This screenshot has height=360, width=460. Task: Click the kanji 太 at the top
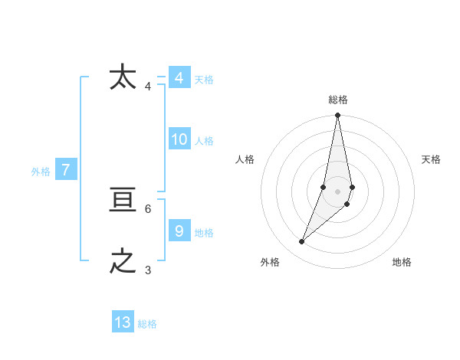pos(123,77)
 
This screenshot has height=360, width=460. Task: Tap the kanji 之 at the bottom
pos(123,261)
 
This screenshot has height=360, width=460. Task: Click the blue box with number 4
pos(179,78)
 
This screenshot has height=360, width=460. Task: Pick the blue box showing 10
pos(179,139)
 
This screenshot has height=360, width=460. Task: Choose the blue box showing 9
pos(179,231)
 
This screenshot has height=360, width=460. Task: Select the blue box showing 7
pos(66,170)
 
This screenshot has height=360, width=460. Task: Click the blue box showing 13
pos(123,322)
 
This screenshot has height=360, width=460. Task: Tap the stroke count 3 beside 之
pos(148,270)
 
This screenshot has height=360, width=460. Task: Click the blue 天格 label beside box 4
pos(204,80)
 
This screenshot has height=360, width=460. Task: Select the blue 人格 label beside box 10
pos(204,141)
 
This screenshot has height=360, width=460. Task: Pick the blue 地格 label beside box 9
pos(204,233)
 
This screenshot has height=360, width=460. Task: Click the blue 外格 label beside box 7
pos(41,172)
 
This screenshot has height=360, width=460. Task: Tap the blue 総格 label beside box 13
pos(147,324)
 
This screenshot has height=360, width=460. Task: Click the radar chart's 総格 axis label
pos(338,100)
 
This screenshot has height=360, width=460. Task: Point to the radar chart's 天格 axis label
pos(431,159)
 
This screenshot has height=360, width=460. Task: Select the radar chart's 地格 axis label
pos(402,262)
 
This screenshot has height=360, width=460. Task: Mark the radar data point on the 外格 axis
pos(302,242)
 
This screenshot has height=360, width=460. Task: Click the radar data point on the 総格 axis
pos(338,116)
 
